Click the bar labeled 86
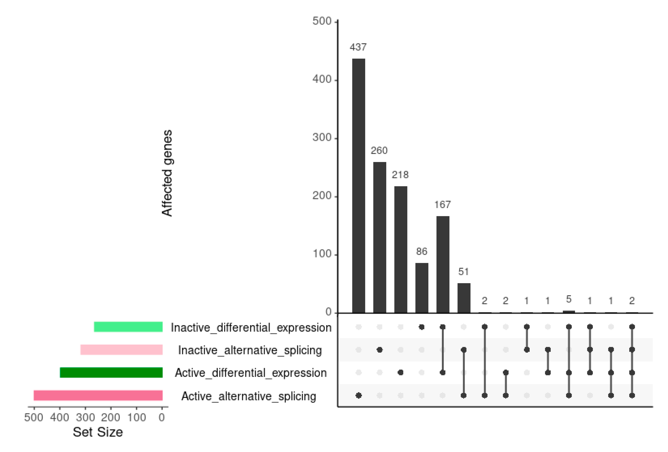(422, 288)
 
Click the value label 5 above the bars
(569, 299)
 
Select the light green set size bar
(128, 327)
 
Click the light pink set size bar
(122, 350)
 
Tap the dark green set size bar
(111, 372)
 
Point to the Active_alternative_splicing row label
(249, 396)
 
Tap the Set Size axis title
(98, 432)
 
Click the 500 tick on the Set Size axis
(34, 417)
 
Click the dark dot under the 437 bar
(359, 395)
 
